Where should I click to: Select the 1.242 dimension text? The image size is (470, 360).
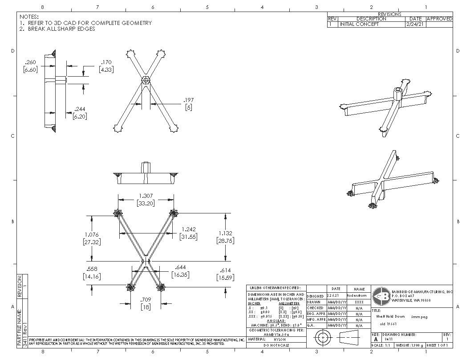(x=189, y=229)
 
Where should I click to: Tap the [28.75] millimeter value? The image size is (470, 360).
(x=226, y=240)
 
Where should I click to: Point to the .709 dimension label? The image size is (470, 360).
(x=146, y=299)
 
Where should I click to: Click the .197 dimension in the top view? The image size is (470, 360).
(x=189, y=100)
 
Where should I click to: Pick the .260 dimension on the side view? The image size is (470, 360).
(x=30, y=62)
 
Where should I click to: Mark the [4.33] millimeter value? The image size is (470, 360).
(x=105, y=70)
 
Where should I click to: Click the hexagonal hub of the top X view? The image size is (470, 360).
(x=145, y=81)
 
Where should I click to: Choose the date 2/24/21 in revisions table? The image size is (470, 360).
(x=415, y=25)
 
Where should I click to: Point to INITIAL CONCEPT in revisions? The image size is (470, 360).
(x=360, y=25)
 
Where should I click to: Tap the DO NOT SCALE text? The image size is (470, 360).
(x=276, y=345)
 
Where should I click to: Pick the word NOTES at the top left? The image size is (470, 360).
(x=29, y=16)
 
